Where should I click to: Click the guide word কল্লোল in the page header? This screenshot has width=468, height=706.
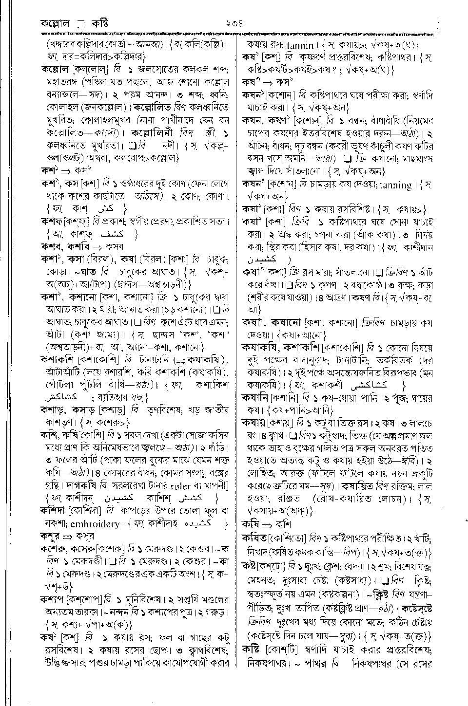(x=56, y=22)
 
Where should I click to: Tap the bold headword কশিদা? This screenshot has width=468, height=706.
(x=55, y=510)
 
